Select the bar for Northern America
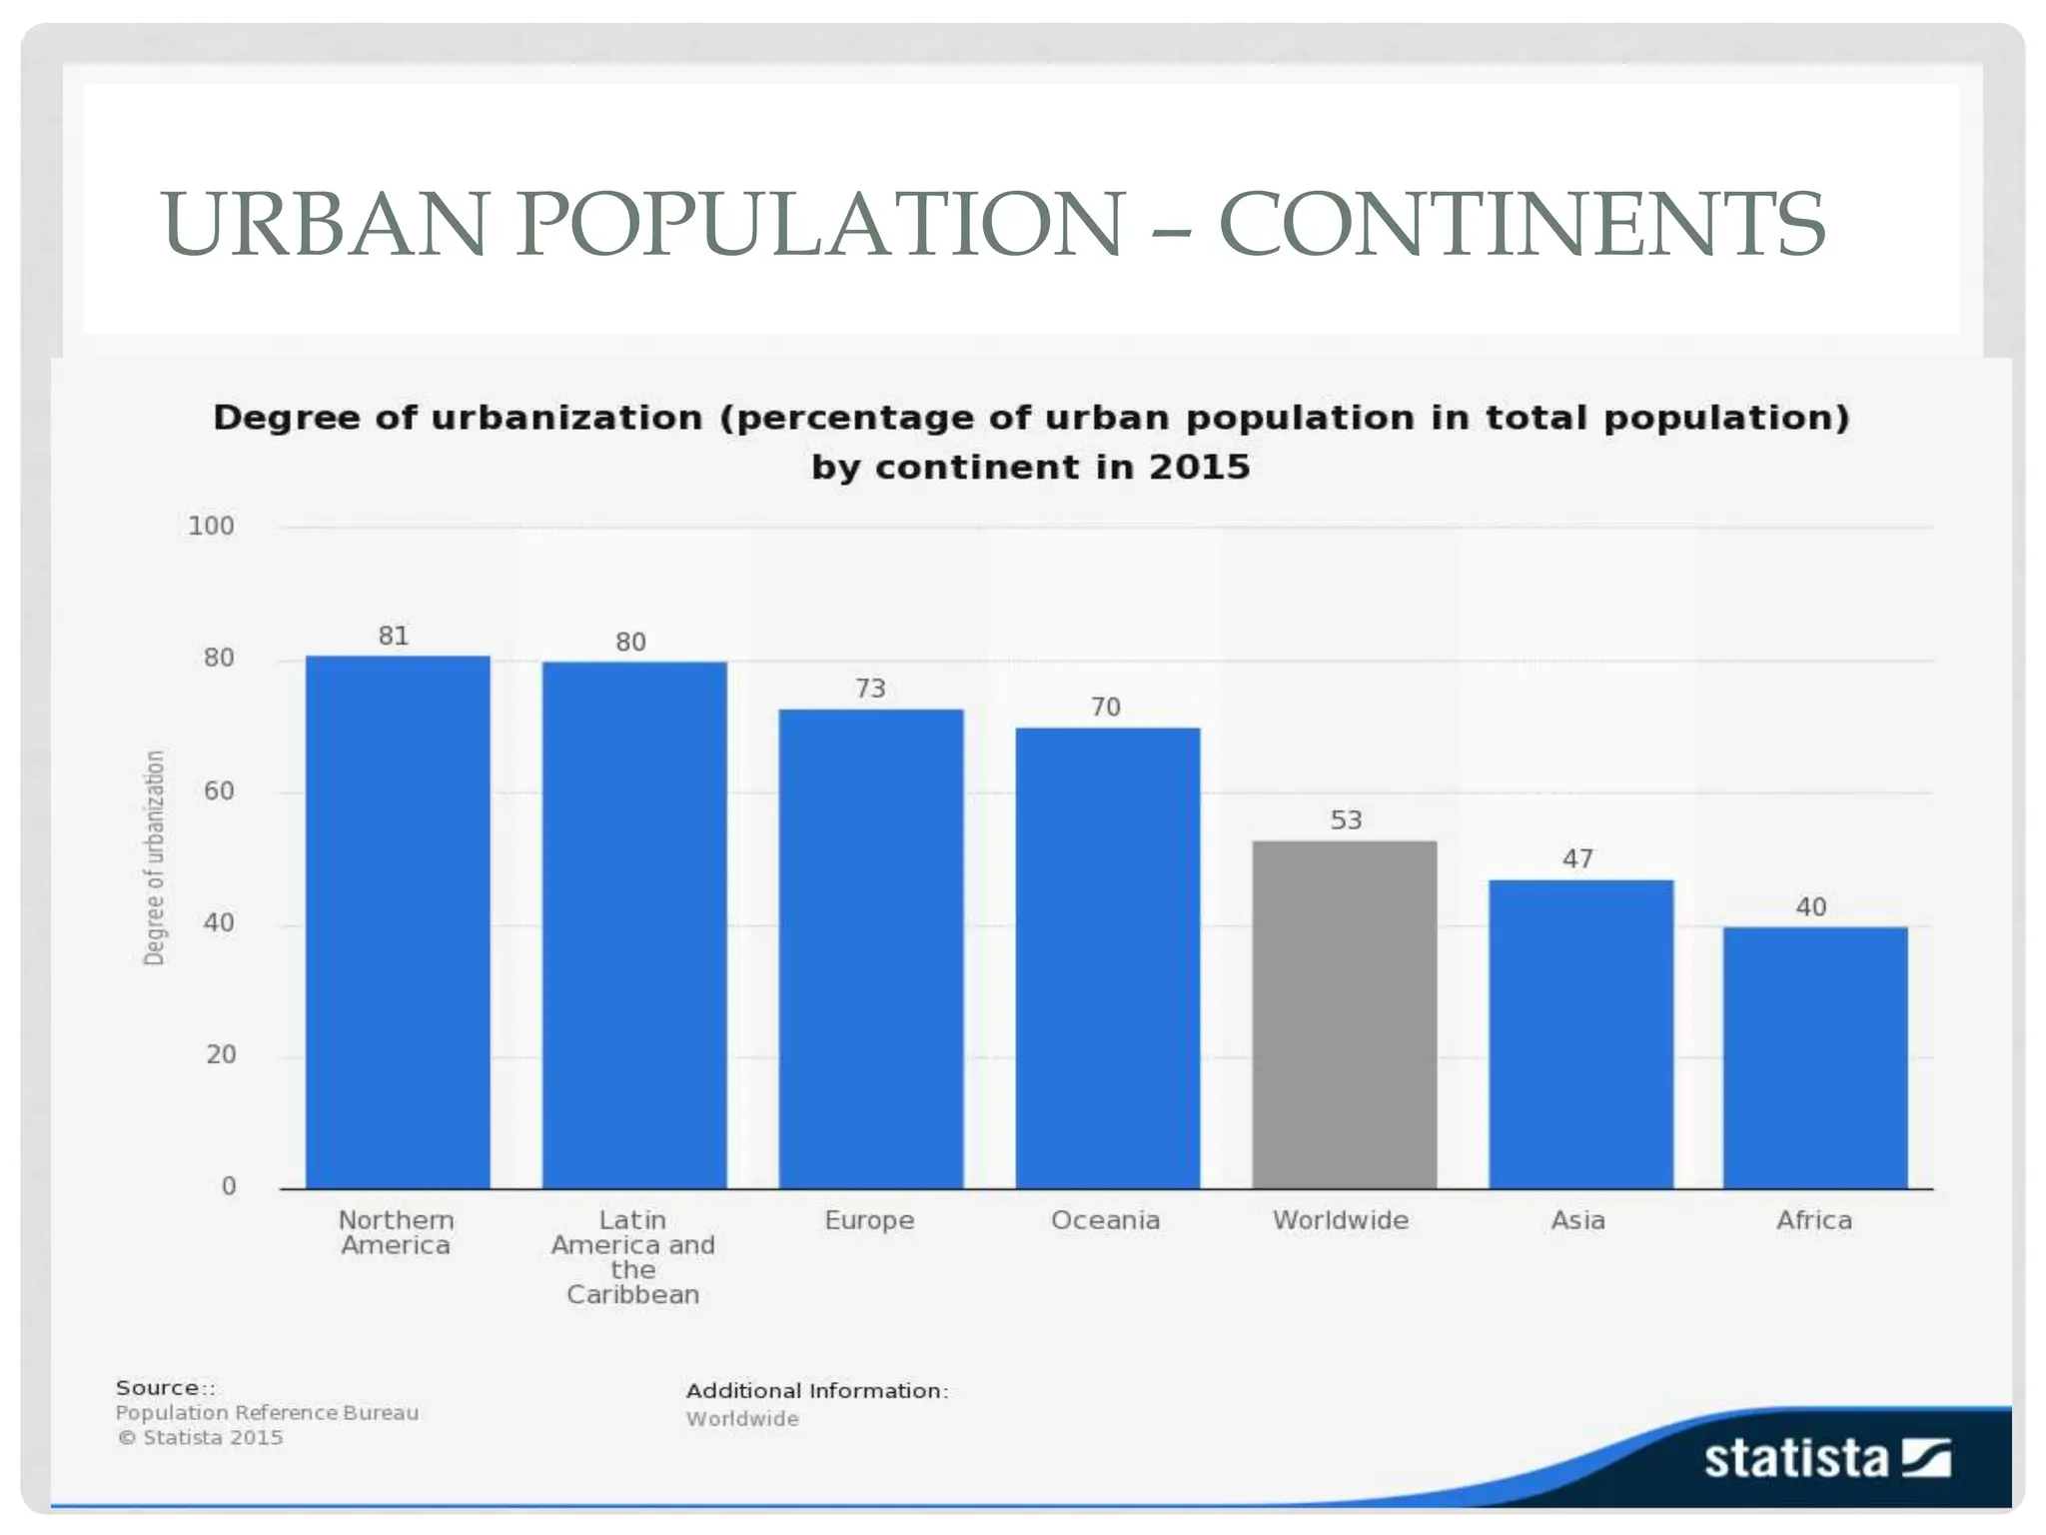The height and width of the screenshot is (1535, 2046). pos(398,921)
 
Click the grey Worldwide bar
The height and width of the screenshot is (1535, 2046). pos(1345,1014)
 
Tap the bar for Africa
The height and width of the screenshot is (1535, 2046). pos(1815,1057)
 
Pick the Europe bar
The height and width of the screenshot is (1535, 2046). pos(871,948)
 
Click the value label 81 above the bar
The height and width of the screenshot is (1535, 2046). pos(394,636)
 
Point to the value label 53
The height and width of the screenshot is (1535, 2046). pos(1346,820)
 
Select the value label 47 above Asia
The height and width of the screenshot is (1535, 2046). pos(1577,858)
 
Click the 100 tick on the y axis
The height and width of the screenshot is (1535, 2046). pos(211,526)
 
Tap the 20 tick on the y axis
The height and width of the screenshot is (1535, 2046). pos(221,1054)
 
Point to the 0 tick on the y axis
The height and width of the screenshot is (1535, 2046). pos(229,1186)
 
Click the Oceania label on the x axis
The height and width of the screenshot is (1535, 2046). pos(1105,1220)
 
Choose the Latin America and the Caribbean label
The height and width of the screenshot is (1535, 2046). pos(633,1257)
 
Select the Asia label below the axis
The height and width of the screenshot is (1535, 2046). pos(1577,1220)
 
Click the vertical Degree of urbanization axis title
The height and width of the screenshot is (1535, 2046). pos(154,857)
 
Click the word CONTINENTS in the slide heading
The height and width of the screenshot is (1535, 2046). pos(1522,224)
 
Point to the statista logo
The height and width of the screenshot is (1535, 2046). pos(1826,1458)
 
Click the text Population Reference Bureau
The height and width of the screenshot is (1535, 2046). pos(267,1412)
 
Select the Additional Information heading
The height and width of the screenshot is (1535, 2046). pos(816,1390)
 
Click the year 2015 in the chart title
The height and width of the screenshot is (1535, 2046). pos(1199,467)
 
